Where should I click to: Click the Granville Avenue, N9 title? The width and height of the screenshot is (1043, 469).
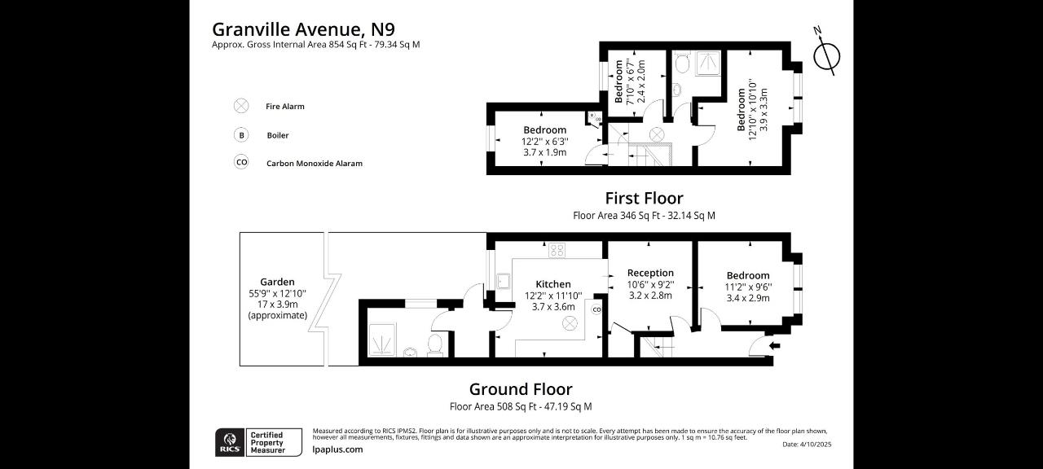coord(304,29)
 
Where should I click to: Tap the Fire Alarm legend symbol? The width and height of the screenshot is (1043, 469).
coord(241,106)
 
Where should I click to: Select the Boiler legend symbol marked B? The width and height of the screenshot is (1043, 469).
coord(241,135)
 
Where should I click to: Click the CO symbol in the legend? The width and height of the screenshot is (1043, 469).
coord(241,162)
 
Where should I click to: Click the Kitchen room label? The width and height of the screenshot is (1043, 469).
coord(553,284)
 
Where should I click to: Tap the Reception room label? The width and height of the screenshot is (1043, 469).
coord(650,273)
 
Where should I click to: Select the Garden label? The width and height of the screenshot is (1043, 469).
coord(278,282)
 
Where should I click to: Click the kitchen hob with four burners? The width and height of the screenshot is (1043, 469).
coord(557,250)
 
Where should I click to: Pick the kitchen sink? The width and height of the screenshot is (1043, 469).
coord(504,282)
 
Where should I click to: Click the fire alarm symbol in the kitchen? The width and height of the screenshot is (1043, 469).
coord(570,323)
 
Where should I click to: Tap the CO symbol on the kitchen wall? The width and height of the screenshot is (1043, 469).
coord(597,309)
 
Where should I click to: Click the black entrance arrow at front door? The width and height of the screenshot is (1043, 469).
coord(775,345)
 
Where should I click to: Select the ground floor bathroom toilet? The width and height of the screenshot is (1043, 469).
coord(435,345)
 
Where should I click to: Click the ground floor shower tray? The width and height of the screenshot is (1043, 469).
coord(382,340)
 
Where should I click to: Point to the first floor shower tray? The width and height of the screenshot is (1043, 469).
coord(708,63)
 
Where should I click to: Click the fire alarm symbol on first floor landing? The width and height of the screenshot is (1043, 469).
coord(657,135)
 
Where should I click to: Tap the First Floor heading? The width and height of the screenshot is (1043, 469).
coord(644,198)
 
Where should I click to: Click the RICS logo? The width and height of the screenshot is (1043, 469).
coord(230,442)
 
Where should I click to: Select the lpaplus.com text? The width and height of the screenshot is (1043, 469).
coord(337,449)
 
